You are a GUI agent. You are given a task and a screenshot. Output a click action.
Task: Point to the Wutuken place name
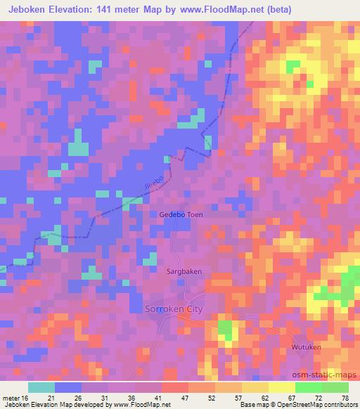pos(307,347)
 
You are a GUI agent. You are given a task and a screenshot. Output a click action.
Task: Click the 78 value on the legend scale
pos(344,398)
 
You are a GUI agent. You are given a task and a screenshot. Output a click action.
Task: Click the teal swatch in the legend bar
pos(41,387)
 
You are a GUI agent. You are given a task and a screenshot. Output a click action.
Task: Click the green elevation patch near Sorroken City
pos(225,328)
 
